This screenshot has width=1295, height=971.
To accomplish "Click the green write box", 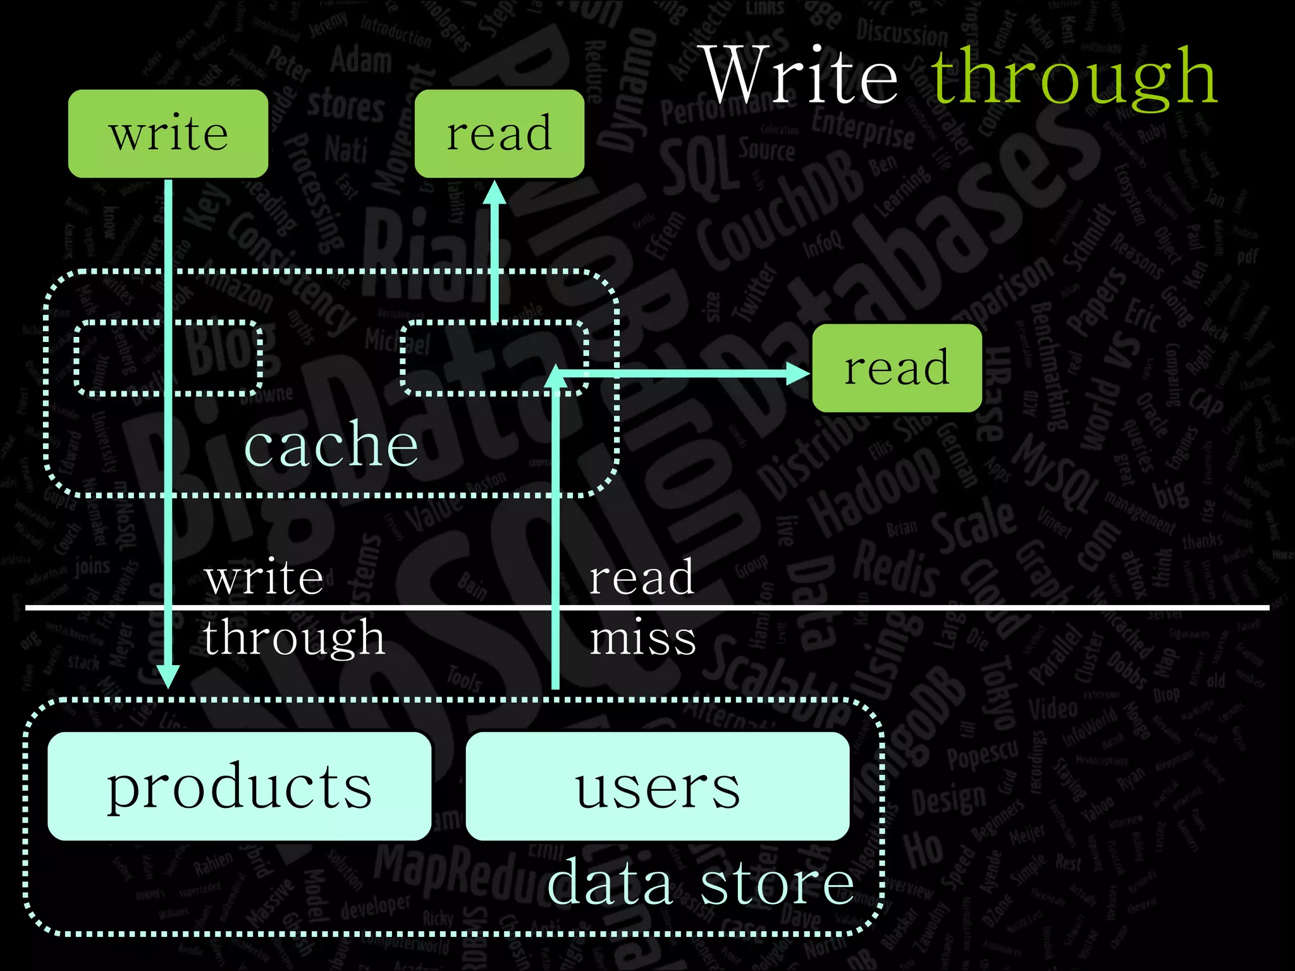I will click(168, 133).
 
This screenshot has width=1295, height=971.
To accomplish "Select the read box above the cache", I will click(499, 133).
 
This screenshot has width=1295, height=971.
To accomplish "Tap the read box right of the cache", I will click(897, 368).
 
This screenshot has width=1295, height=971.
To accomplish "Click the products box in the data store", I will click(239, 786).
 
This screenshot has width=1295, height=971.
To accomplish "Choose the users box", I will click(657, 786).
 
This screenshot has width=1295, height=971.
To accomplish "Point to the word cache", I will click(331, 444).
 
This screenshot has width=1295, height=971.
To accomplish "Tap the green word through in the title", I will click(1074, 77).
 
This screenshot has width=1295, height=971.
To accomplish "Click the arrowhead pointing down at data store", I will click(168, 676).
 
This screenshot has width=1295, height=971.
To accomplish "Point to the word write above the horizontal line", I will click(264, 577).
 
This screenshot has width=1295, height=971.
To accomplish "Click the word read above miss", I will click(641, 577).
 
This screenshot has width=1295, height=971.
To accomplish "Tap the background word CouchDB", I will click(781, 209).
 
